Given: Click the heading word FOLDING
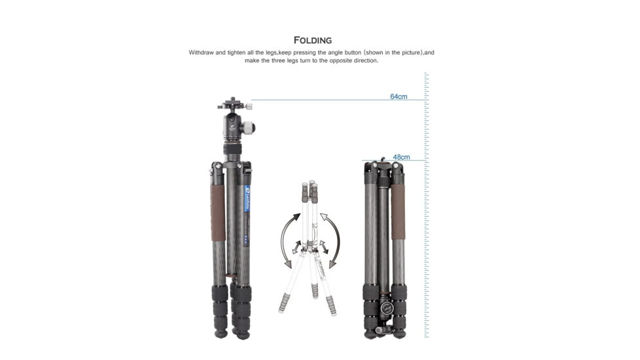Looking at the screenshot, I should pos(312,41).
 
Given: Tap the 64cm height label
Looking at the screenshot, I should pos(399,97).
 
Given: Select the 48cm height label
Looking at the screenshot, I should pos(401,157).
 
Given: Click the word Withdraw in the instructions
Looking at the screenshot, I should pos(202,52).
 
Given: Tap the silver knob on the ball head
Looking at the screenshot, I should pos(249,126).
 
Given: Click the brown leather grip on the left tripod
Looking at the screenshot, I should pos(219,211).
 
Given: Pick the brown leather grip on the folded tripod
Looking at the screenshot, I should pos(398,211).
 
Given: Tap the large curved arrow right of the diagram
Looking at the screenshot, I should pos(336,241).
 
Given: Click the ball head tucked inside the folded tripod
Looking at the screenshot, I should pos(385,311).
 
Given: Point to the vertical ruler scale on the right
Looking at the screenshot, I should pos(426,209).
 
